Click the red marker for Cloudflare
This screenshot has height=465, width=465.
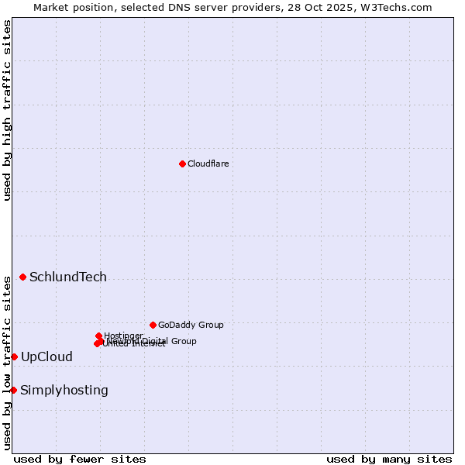point(182,164)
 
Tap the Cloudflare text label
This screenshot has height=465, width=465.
point(208,164)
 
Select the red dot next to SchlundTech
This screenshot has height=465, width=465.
point(22,277)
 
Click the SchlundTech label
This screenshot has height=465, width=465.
point(68,277)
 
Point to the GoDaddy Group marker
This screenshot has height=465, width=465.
point(153,325)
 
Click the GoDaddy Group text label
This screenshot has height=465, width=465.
point(191,325)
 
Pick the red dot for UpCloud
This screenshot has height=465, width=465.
point(14,356)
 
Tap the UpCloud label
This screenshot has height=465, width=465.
point(46,357)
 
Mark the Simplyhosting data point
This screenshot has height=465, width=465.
point(13,390)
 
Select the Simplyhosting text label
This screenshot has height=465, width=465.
point(64,391)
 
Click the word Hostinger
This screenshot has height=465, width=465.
point(123,336)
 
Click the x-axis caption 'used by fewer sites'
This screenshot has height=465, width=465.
point(80,459)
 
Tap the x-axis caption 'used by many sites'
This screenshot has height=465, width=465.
point(389,459)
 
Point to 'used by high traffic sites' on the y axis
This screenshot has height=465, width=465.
point(7,110)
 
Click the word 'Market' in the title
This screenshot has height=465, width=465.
point(50,7)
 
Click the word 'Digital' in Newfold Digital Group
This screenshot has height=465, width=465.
point(156,341)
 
